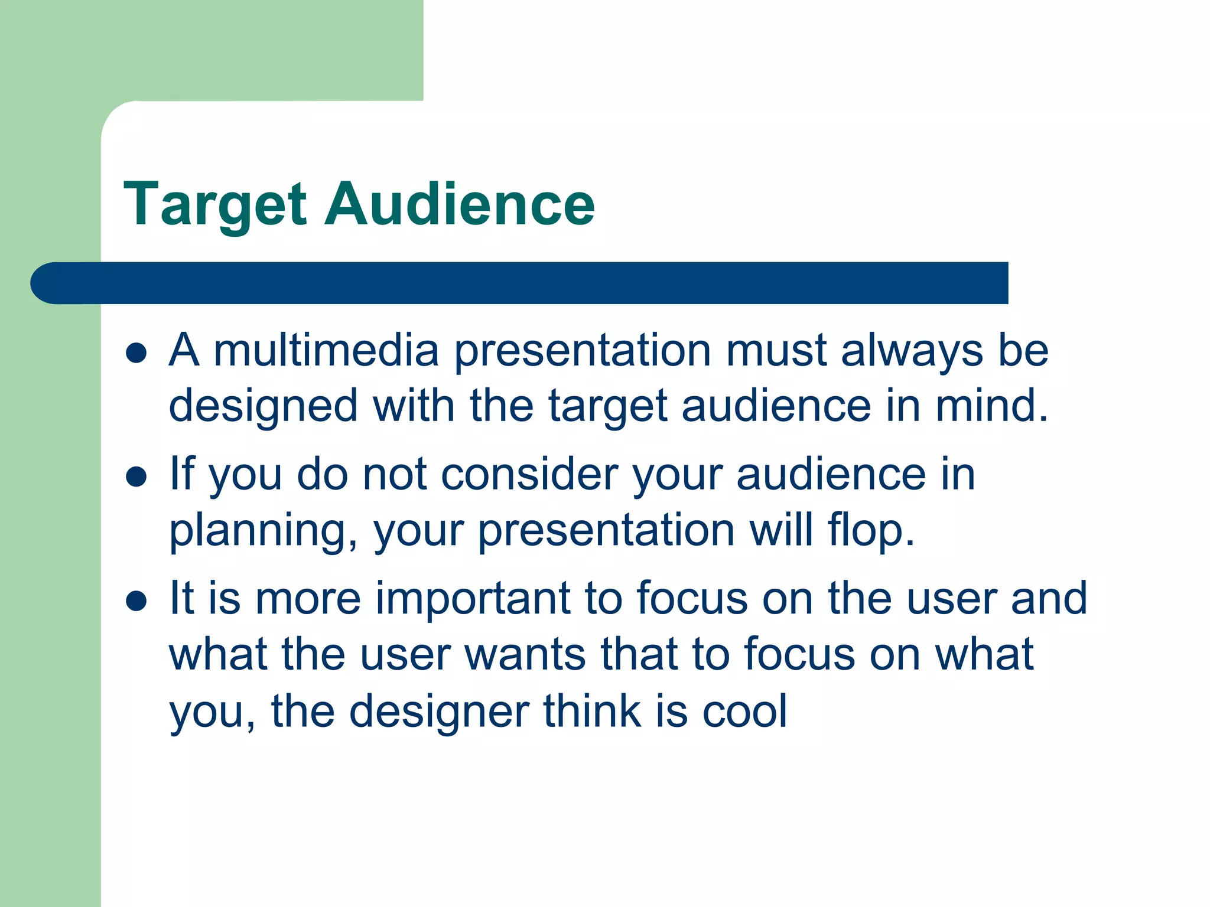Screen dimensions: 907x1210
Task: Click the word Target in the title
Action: [x=215, y=205]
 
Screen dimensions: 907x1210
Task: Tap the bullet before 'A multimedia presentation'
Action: [x=136, y=353]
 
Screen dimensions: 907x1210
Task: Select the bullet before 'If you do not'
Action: [x=136, y=477]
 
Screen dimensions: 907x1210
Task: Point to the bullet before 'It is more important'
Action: [x=136, y=601]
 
